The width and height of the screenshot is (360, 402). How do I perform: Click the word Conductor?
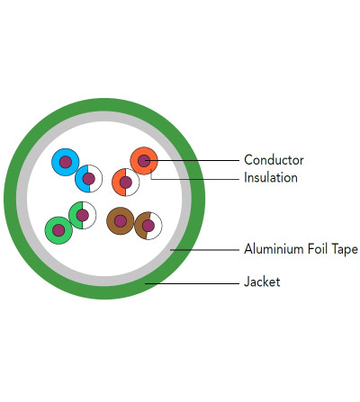[x=274, y=160]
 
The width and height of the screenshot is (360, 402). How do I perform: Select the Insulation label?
[x=271, y=178]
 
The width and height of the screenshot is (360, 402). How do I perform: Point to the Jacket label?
[x=262, y=281]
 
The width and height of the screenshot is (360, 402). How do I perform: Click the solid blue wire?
[x=66, y=162]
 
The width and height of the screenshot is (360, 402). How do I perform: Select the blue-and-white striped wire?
[x=88, y=179]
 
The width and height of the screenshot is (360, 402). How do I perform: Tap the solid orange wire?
[x=144, y=161]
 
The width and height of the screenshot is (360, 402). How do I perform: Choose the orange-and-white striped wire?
[x=126, y=183]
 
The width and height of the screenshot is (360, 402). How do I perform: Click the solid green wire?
[x=58, y=230]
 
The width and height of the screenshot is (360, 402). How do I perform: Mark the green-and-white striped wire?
[x=83, y=215]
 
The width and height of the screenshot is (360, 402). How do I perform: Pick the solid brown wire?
[x=121, y=221]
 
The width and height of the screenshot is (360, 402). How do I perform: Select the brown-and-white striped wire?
[x=148, y=226]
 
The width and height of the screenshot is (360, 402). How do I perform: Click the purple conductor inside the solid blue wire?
[x=66, y=162]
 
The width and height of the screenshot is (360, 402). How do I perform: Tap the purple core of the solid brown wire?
[x=121, y=221]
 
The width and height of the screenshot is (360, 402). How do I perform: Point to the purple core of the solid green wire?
[x=58, y=230]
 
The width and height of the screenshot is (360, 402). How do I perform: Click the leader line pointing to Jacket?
[x=192, y=283]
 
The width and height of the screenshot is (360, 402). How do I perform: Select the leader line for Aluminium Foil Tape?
[x=204, y=249]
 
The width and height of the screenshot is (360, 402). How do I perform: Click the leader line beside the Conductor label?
[x=192, y=161]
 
